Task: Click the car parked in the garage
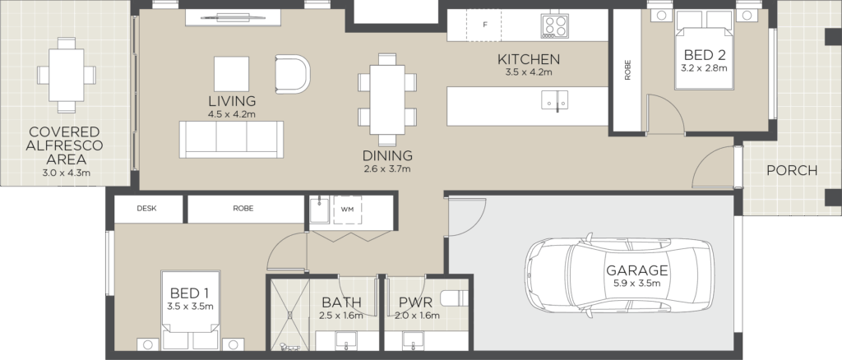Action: click(620, 275)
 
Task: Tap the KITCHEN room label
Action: click(529, 59)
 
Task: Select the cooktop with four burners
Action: click(555, 25)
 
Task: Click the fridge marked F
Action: click(483, 25)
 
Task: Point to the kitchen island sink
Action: click(555, 100)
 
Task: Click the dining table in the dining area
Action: click(387, 99)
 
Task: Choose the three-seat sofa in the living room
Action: click(231, 139)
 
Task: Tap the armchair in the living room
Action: click(293, 74)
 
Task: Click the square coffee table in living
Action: click(231, 74)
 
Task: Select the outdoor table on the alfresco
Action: click(67, 75)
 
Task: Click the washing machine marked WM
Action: click(348, 210)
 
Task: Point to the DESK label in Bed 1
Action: click(146, 209)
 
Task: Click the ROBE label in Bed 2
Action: click(627, 70)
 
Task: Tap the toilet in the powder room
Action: click(454, 298)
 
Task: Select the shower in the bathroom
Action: click(290, 315)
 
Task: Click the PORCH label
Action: click(792, 171)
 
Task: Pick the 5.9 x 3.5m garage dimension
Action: click(637, 284)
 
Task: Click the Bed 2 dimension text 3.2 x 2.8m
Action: click(704, 68)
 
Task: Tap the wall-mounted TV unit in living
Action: click(234, 17)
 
